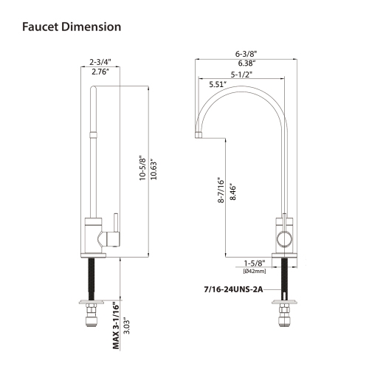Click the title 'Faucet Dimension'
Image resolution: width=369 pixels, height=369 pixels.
[x=71, y=27]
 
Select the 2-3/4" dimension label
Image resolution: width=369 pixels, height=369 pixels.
[x=100, y=61]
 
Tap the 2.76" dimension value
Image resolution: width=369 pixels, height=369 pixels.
[x=100, y=72]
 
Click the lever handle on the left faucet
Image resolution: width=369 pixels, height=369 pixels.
[x=115, y=224]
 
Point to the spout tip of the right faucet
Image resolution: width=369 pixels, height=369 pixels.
[x=199, y=134]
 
